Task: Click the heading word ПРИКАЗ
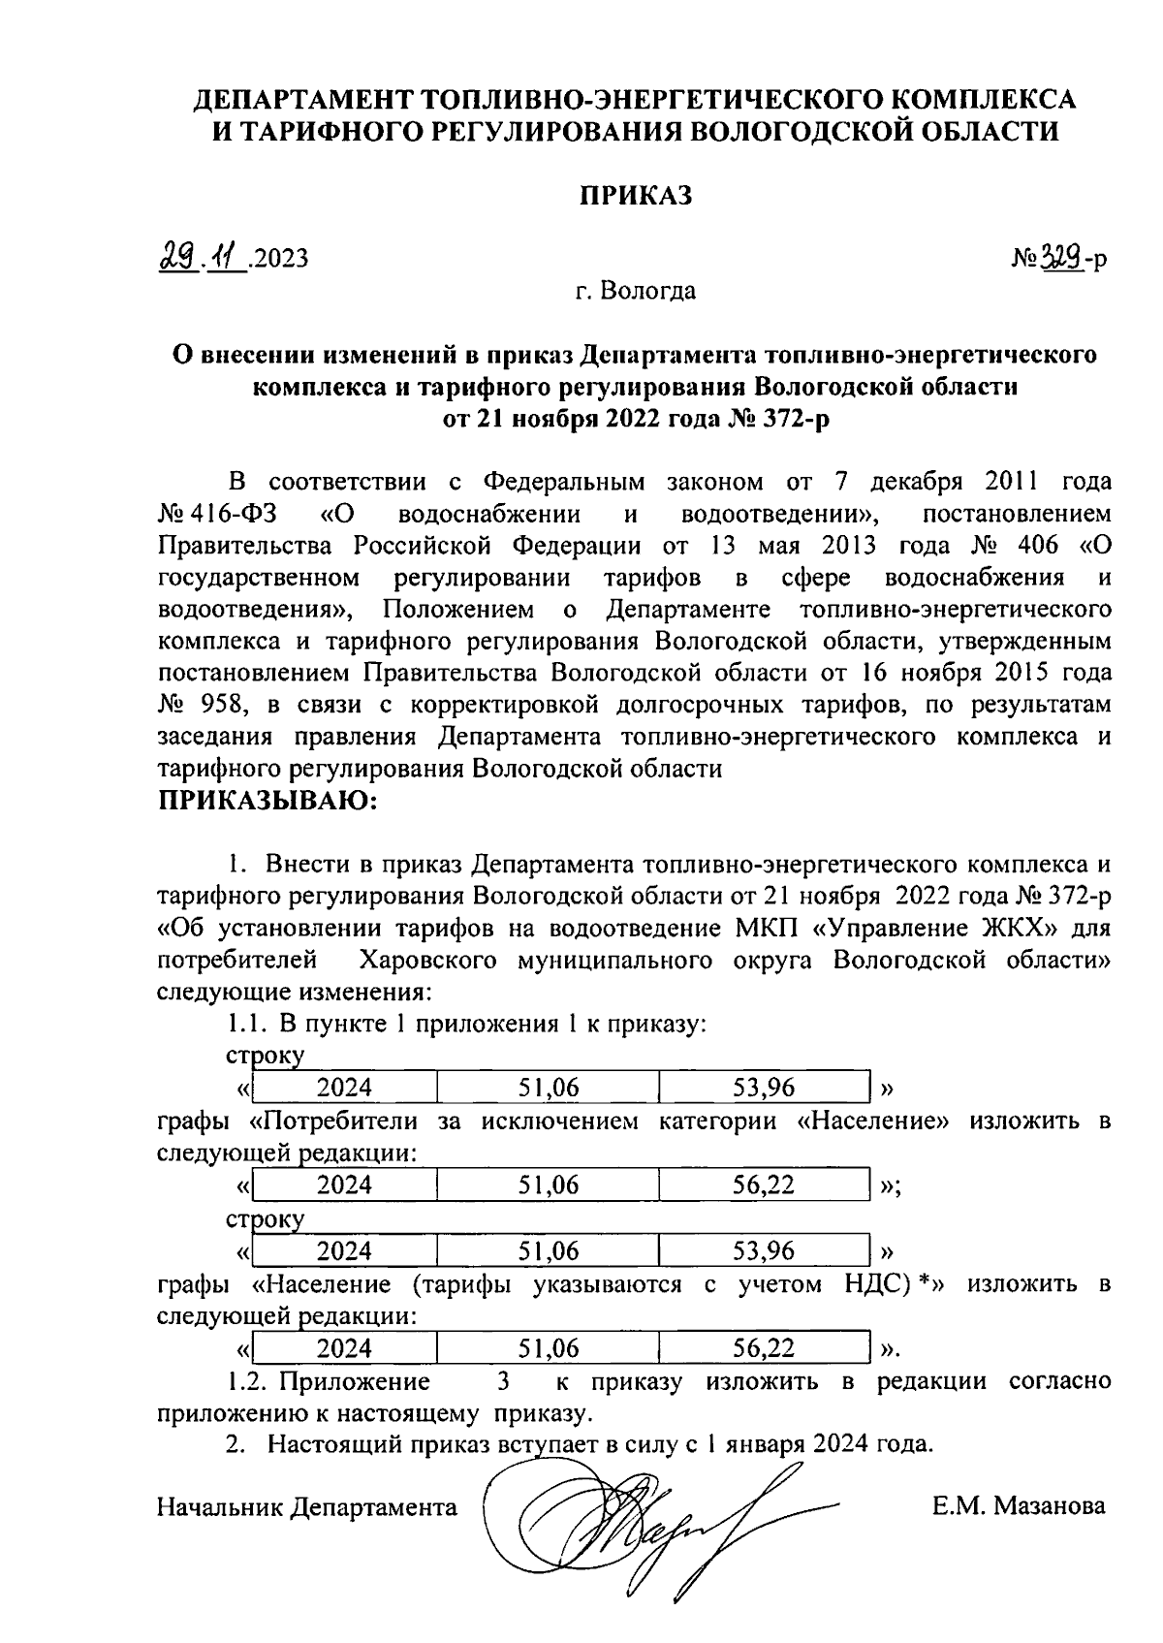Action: pyautogui.click(x=637, y=197)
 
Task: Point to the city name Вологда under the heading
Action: pyautogui.click(x=647, y=290)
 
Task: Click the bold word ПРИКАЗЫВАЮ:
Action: pyautogui.click(x=267, y=801)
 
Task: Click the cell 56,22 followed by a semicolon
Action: pyautogui.click(x=764, y=1185)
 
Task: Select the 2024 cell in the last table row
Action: pyautogui.click(x=344, y=1348)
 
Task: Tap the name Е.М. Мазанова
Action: pyautogui.click(x=1018, y=1506)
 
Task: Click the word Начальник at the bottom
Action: pyautogui.click(x=221, y=1507)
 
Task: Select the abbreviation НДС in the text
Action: pyautogui.click(x=880, y=1284)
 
